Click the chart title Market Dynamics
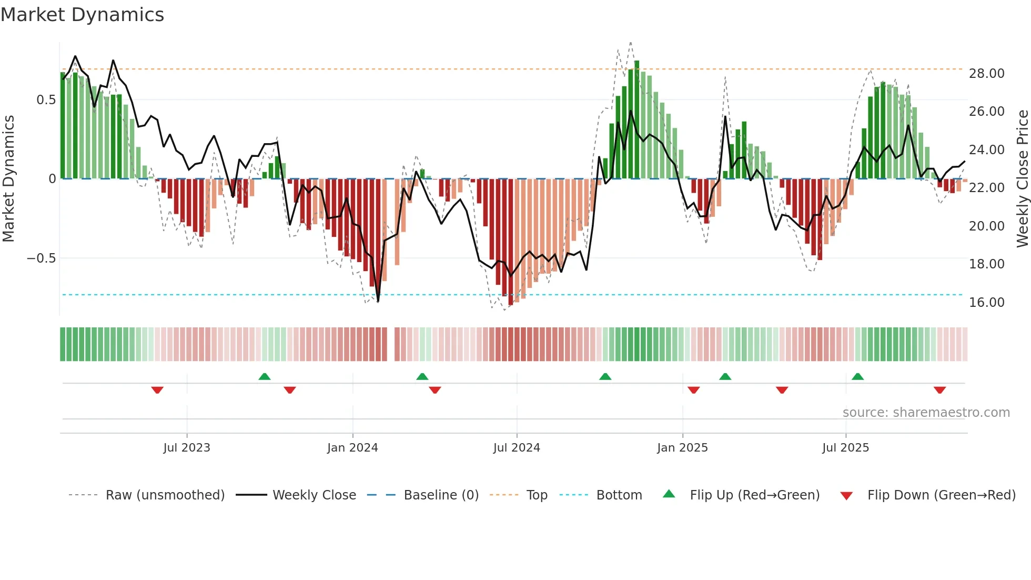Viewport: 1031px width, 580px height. [82, 15]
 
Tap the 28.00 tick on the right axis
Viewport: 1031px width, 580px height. [986, 74]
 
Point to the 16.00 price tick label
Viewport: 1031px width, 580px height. [986, 303]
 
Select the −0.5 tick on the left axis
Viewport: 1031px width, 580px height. [41, 258]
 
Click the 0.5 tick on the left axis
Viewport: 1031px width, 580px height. [46, 100]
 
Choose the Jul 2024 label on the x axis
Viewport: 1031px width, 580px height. [516, 448]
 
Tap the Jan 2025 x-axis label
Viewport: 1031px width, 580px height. [682, 448]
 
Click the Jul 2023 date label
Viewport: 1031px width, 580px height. [186, 448]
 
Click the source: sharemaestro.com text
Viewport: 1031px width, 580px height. [926, 413]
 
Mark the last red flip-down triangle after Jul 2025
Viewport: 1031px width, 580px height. [939, 390]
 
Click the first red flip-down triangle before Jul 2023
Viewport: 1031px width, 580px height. [157, 390]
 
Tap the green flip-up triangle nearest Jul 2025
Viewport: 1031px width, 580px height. [857, 376]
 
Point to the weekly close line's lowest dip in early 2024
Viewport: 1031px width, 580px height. [378, 301]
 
